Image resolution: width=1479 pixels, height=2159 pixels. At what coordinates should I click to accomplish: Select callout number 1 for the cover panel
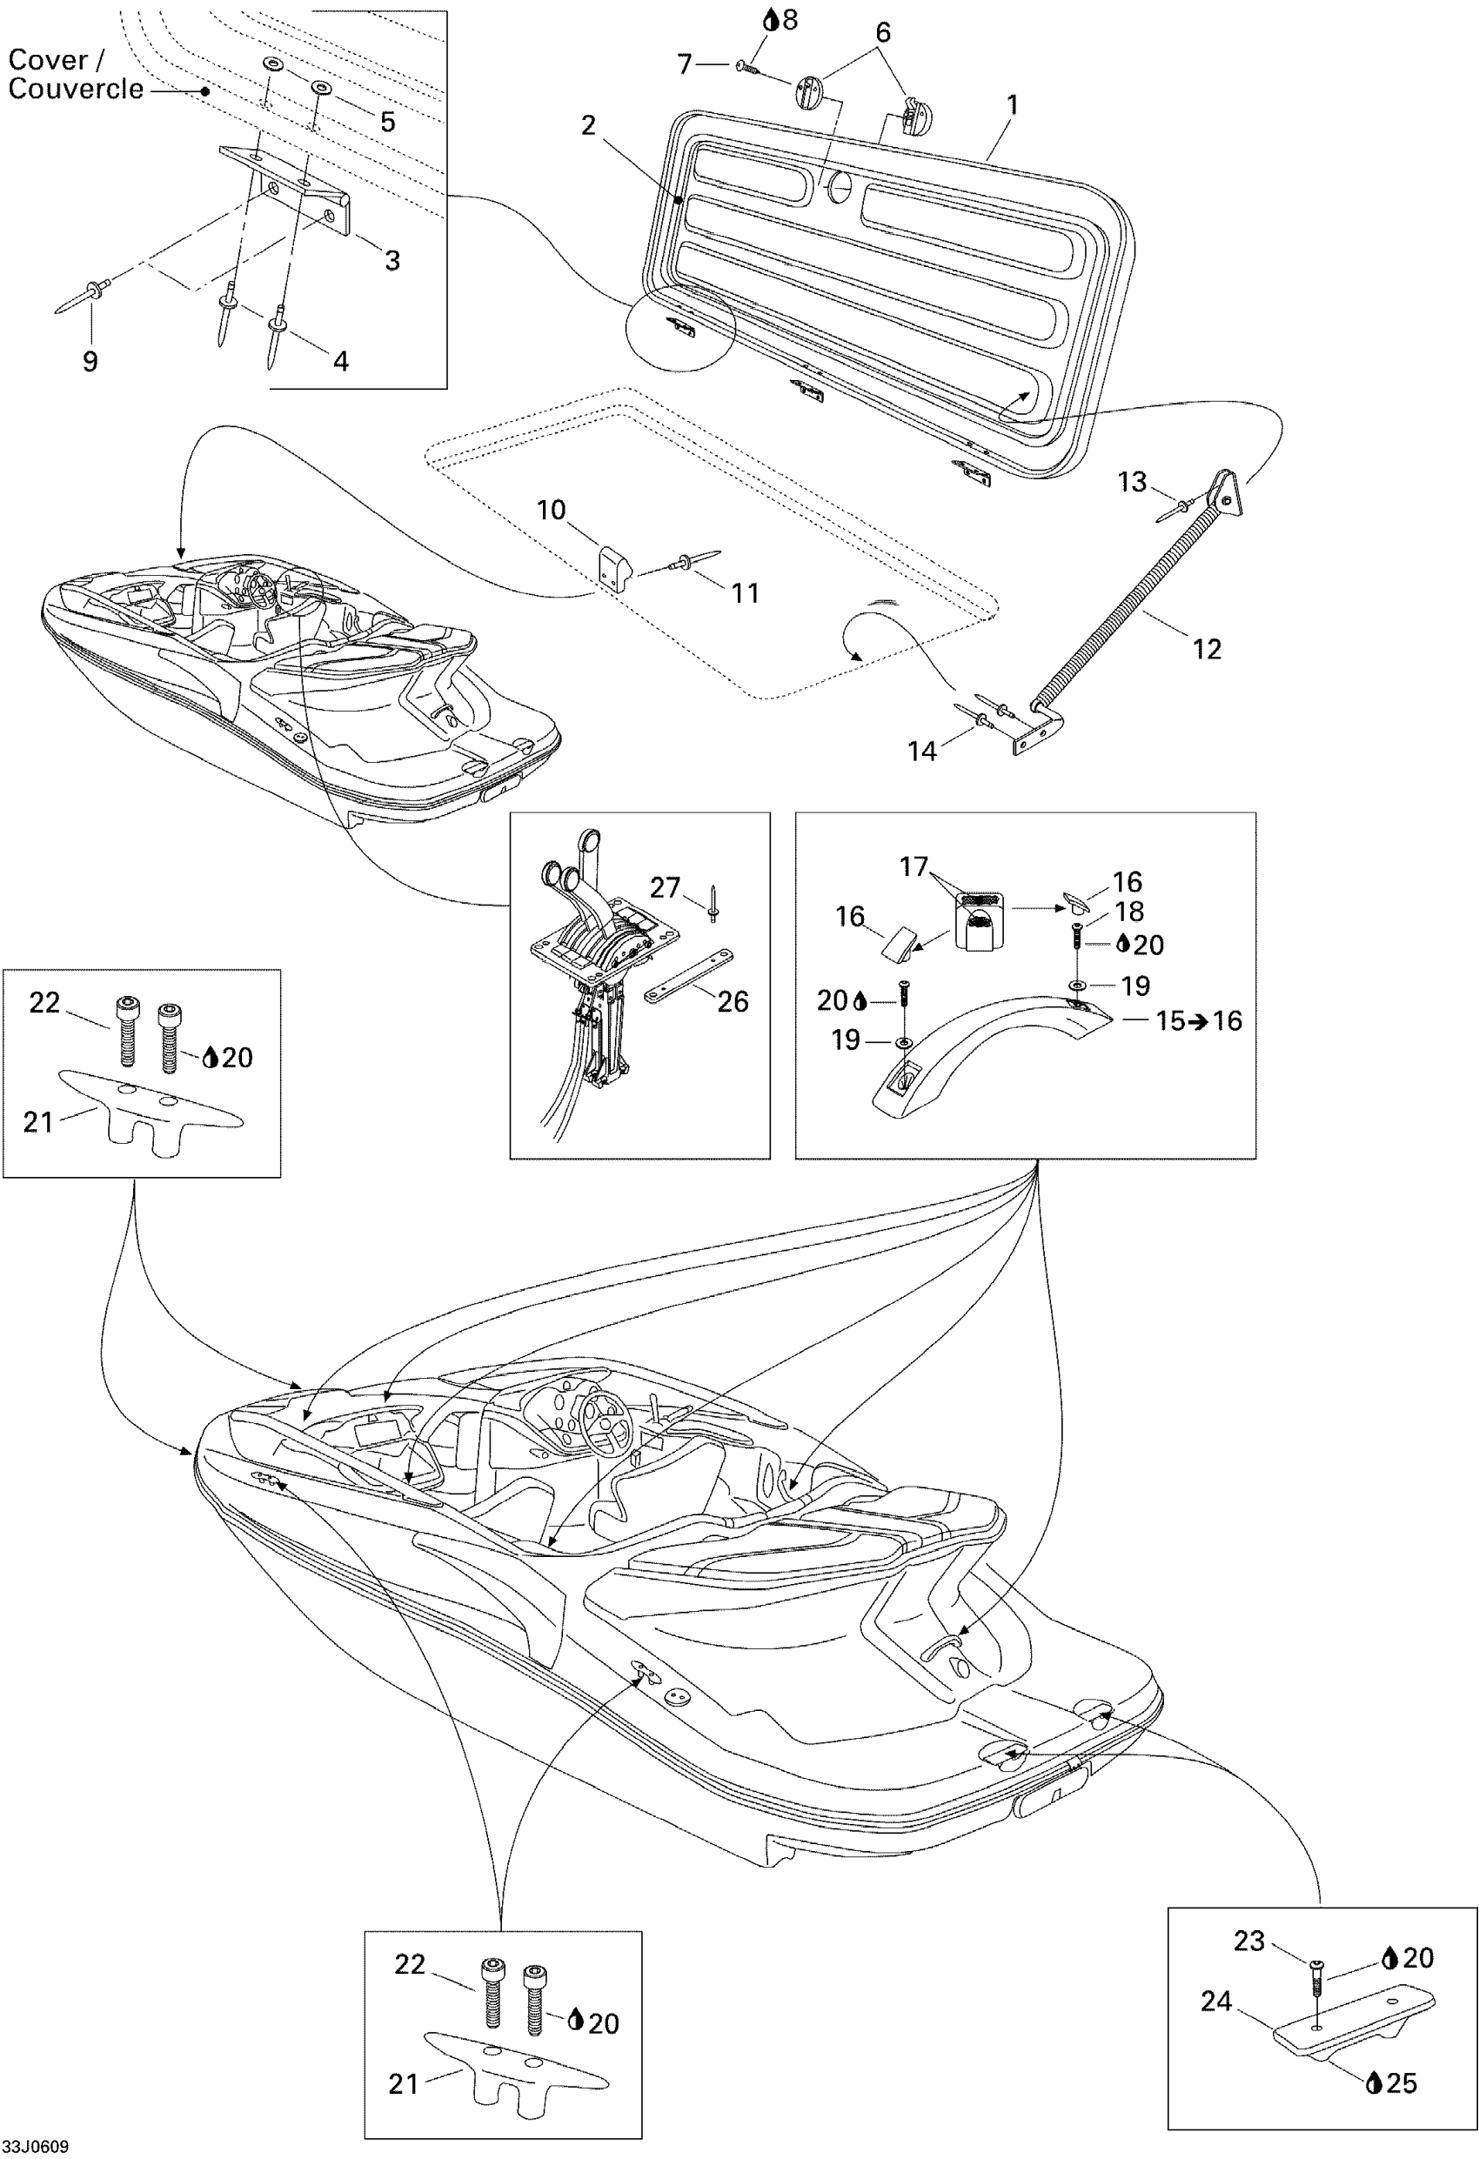point(1013,105)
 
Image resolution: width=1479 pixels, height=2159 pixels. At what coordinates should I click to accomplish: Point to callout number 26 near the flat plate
point(732,1000)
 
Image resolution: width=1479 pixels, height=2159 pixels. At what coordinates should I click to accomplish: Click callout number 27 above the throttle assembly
point(665,887)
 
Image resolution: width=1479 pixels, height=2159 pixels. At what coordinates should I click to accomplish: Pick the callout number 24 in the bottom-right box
point(1216,2001)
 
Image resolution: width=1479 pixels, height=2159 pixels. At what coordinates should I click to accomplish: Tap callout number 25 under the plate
point(1402,2082)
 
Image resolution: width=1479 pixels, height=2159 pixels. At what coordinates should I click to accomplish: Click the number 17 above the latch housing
point(913,866)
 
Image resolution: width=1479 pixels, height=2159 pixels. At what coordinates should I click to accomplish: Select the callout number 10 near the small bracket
point(551,509)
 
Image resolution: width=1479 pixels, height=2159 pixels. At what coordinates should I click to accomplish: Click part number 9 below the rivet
point(90,361)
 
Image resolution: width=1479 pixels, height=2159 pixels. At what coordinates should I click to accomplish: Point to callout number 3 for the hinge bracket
point(392,260)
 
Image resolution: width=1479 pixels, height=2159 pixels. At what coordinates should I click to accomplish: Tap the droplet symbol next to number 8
point(770,19)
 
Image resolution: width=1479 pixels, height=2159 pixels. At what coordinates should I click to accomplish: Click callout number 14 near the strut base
point(921,751)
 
